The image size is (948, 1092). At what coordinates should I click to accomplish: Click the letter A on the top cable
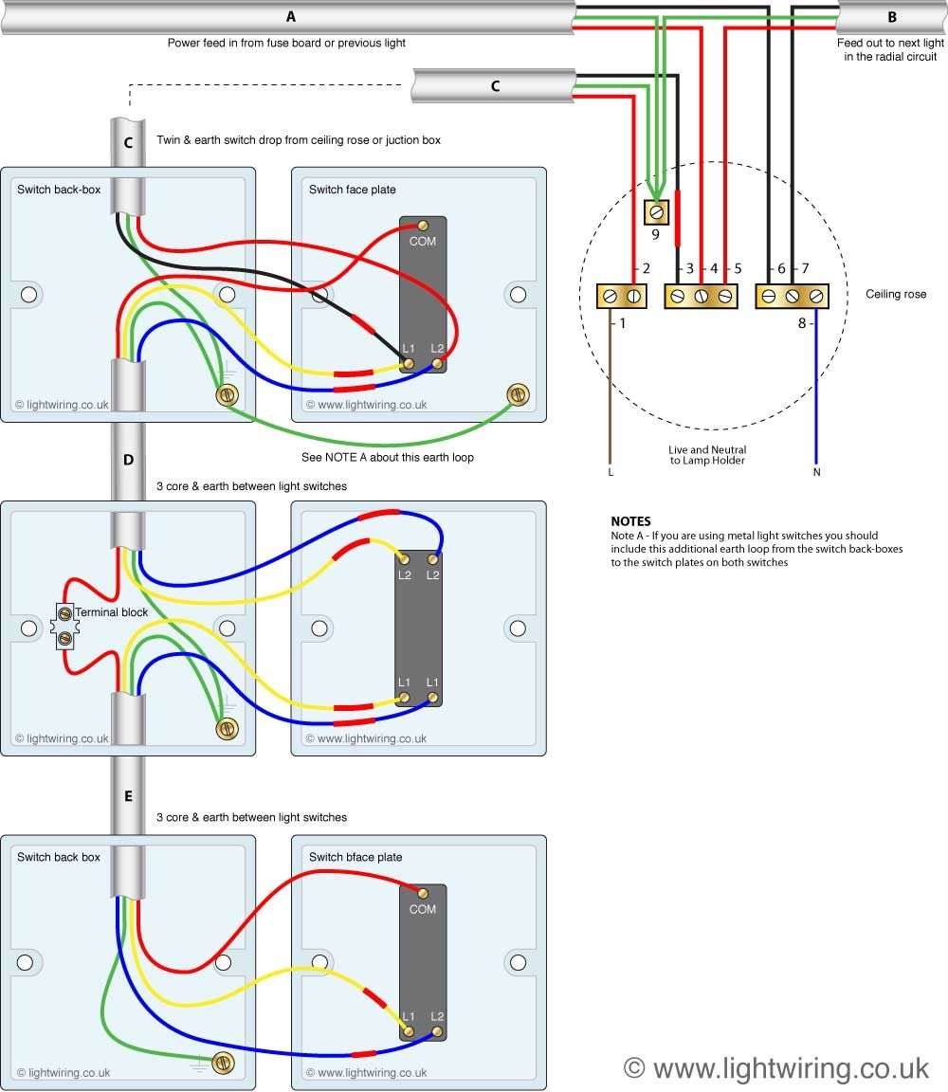(x=290, y=17)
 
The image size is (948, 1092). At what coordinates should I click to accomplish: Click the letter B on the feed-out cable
(x=892, y=17)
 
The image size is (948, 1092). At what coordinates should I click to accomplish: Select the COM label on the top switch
(x=423, y=242)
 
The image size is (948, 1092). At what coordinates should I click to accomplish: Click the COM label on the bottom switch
(x=423, y=909)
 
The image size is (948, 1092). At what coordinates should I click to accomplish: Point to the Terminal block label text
(x=111, y=612)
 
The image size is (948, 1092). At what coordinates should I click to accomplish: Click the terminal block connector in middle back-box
(x=64, y=627)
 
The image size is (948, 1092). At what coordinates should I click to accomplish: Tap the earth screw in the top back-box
(x=227, y=394)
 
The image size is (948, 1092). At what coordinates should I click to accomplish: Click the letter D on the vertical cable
(x=128, y=460)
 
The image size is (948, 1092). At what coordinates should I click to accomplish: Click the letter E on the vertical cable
(x=128, y=796)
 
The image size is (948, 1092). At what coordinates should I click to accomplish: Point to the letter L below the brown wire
(x=611, y=471)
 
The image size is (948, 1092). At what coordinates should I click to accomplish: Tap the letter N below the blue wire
(x=815, y=471)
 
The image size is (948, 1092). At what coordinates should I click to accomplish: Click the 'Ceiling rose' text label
(x=896, y=295)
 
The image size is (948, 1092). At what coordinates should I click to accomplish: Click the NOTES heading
(x=630, y=521)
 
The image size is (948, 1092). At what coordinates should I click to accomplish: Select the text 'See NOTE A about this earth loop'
(x=387, y=457)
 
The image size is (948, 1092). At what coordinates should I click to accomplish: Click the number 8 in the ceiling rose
(x=801, y=324)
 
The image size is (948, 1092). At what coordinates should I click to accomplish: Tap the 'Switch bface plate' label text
(x=355, y=857)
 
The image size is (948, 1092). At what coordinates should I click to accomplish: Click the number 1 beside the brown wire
(x=623, y=324)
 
